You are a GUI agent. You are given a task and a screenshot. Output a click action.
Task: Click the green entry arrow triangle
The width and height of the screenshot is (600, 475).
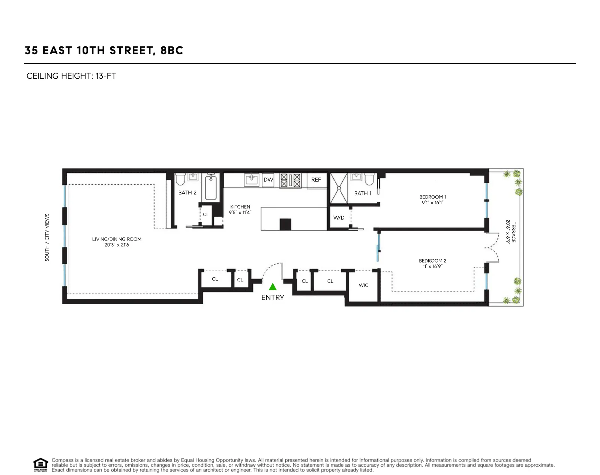[273, 287]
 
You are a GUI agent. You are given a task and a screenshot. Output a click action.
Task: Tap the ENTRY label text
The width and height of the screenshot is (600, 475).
[273, 297]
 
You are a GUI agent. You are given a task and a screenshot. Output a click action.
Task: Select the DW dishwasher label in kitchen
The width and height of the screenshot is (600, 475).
[268, 180]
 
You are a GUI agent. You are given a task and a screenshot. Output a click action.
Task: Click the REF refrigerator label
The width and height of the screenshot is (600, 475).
[316, 180]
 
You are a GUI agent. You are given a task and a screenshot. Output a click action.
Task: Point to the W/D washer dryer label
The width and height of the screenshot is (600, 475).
[339, 218]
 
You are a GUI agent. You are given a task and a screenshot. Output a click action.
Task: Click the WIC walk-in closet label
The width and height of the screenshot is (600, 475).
[363, 285]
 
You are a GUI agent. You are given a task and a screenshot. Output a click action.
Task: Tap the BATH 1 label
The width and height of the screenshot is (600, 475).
[363, 193]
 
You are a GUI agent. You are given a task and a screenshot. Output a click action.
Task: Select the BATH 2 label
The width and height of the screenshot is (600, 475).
[187, 193]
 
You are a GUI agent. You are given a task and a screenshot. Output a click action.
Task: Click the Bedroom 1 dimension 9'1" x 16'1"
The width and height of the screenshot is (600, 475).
[432, 203]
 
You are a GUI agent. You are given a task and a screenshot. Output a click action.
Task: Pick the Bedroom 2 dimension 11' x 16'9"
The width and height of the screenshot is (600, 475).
[432, 266]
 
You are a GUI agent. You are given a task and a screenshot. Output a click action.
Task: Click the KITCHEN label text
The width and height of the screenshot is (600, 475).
[240, 207]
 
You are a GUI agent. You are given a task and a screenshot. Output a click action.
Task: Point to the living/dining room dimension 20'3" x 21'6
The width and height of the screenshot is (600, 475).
[117, 245]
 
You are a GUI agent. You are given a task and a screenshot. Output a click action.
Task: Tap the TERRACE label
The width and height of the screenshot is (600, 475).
[513, 232]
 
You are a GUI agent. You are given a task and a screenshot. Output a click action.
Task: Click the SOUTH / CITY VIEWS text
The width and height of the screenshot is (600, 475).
[47, 237]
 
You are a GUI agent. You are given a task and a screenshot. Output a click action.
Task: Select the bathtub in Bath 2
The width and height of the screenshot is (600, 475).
[211, 188]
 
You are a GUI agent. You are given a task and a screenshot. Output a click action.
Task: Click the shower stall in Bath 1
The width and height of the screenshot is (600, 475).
[339, 188]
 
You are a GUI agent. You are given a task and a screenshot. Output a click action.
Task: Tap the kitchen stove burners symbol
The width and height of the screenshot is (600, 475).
[290, 180]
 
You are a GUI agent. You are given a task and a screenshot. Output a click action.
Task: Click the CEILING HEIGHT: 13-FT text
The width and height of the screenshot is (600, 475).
[71, 76]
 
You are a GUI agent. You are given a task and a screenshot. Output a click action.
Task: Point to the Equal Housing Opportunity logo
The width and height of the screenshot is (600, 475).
[40, 465]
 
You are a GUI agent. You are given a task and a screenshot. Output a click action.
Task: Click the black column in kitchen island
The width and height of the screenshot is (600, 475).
[285, 224]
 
